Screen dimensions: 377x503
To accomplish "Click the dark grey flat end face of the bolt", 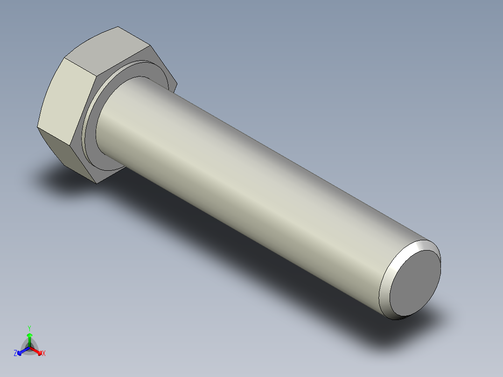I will click(x=415, y=282).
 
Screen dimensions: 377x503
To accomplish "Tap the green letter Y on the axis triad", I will click(x=29, y=328).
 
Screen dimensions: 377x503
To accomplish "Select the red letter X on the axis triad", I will click(x=44, y=354).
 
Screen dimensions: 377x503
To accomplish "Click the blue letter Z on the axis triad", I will click(x=15, y=354).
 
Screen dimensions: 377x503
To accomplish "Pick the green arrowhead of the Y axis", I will click(x=29, y=335).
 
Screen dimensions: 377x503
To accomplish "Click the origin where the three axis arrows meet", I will click(x=29, y=348).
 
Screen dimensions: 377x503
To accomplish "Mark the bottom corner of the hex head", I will click(x=97, y=183).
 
